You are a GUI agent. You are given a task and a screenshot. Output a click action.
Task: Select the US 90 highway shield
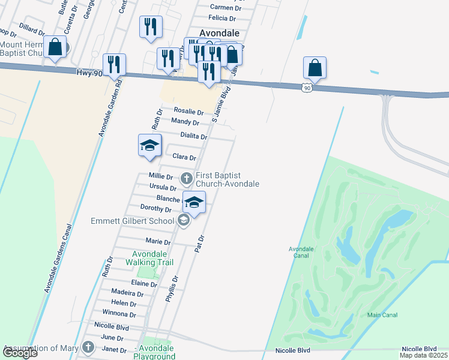(307, 88)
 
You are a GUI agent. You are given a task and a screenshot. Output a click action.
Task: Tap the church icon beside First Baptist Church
(186, 178)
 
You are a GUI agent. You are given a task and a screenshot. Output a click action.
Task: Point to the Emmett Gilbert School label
(132, 221)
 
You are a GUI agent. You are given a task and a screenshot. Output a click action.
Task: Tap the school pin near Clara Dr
(149, 146)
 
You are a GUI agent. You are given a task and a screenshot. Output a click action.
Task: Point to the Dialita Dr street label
(194, 136)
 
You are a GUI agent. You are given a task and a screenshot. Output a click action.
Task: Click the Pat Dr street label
(200, 242)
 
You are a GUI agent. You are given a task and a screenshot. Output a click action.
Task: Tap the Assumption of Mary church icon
(89, 347)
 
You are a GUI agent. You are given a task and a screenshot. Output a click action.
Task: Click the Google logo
(20, 353)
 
